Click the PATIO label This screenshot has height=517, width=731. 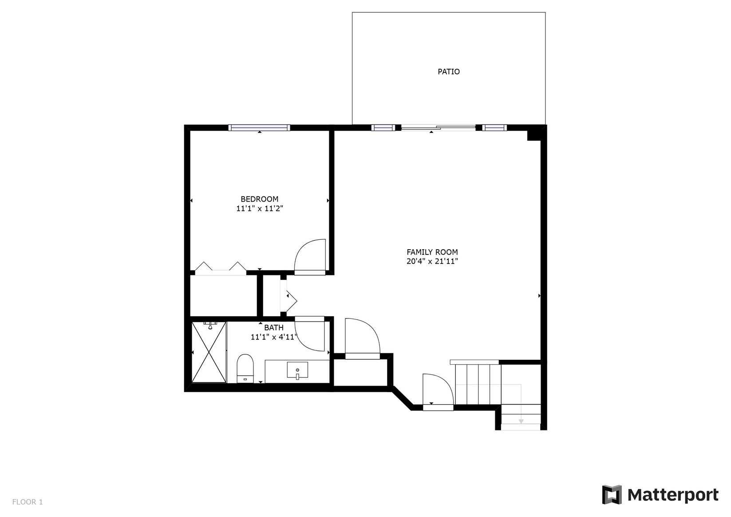click(448, 72)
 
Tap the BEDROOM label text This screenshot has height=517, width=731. click(259, 199)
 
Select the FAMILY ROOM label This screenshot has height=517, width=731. click(432, 252)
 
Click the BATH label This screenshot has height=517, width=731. click(273, 328)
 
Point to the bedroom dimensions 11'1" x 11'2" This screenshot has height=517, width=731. click(259, 208)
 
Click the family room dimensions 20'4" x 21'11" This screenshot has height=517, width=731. click(432, 262)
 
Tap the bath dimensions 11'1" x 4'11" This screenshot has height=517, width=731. click(273, 337)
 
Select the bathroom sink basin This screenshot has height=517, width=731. click(297, 370)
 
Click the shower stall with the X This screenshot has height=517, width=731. click(209, 352)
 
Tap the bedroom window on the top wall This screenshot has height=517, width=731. click(259, 128)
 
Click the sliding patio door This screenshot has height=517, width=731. click(438, 128)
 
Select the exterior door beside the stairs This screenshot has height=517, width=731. click(437, 391)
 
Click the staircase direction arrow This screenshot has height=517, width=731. click(521, 420)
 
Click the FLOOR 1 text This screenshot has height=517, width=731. click(28, 502)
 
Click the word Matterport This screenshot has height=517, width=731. click(673, 495)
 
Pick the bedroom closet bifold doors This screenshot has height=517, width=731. click(221, 267)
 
